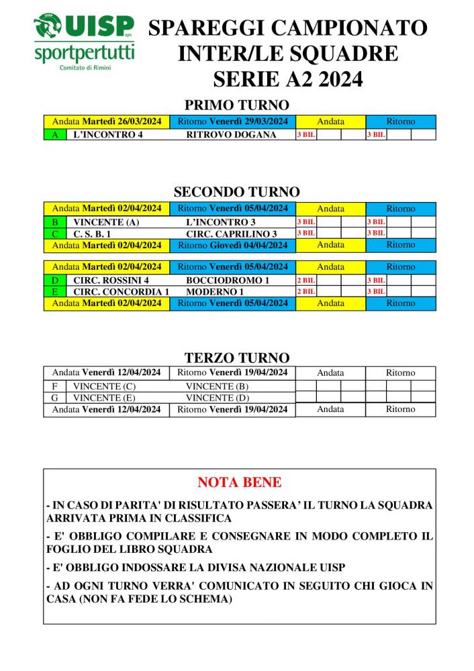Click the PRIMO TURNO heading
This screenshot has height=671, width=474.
pos(236,105)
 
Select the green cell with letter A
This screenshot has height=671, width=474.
pos(54,134)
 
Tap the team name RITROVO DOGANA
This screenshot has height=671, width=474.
pos(231,134)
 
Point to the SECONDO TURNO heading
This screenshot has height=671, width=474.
pos(236,192)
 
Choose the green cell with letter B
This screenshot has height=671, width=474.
pos(54,221)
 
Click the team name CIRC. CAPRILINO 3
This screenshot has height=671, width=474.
pos(231,234)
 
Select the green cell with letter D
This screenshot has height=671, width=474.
pos(54,280)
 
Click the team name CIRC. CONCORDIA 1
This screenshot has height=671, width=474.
pos(121,292)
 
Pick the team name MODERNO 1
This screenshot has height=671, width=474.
pos(214,292)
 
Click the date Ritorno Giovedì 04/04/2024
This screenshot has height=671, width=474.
pos(232,245)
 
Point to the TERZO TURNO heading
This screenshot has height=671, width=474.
pos(236,358)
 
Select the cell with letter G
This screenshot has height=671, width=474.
pos(54,398)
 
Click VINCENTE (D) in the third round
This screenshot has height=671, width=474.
pos(217,398)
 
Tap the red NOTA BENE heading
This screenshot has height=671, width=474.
pos(239,482)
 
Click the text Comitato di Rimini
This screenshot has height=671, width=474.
pos(84,68)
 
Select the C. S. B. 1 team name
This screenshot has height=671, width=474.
pos(92,234)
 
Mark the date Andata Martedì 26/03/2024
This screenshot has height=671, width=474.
pos(106,121)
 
